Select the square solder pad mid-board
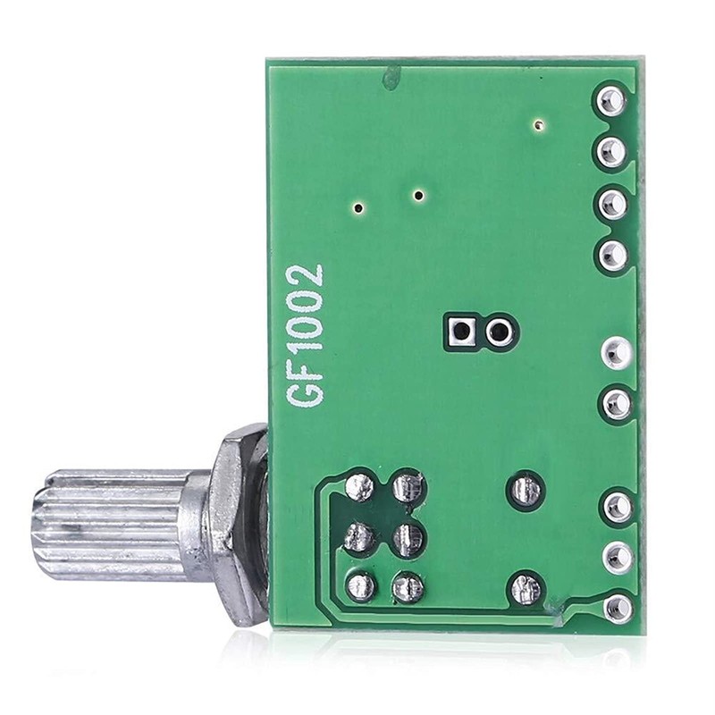(x=461, y=333)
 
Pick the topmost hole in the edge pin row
(x=612, y=99)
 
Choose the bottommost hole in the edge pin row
(x=616, y=609)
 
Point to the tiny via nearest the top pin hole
(x=537, y=125)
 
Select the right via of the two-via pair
(x=418, y=194)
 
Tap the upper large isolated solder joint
(x=524, y=490)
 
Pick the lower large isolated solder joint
(x=525, y=588)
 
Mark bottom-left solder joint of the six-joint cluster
(x=359, y=587)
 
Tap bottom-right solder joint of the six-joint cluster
(x=407, y=587)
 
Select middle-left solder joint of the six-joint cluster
(x=358, y=537)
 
